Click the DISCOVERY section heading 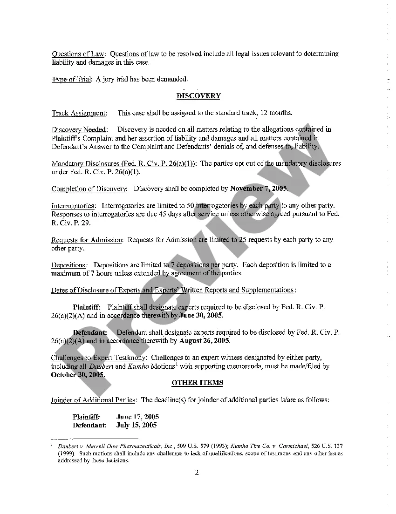pyautogui.click(x=198, y=96)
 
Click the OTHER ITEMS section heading pyautogui.click(x=197, y=383)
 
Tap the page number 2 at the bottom pyautogui.click(x=197, y=473)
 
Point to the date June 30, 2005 pyautogui.click(x=201, y=315)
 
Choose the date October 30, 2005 pyautogui.click(x=77, y=374)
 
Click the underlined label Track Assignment pyautogui.click(x=79, y=113)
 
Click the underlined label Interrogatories pyautogui.click(x=74, y=206)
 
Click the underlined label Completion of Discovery pyautogui.click(x=89, y=189)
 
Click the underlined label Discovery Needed pyautogui.click(x=79, y=129)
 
